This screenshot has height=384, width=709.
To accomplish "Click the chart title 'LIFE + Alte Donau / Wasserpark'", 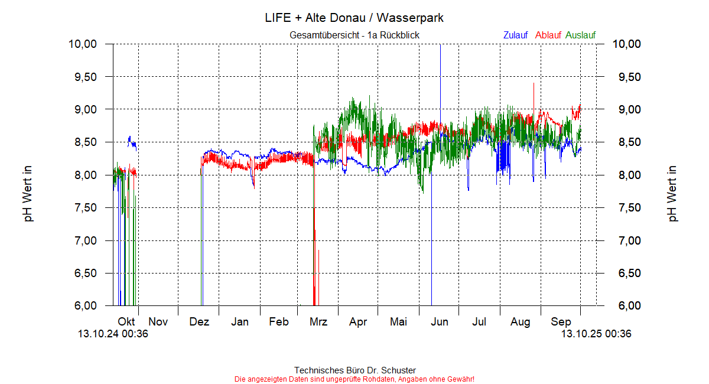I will (x=354, y=18).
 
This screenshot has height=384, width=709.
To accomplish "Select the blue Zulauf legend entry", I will (x=515, y=35).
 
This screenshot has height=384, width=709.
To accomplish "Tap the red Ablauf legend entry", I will (x=548, y=35).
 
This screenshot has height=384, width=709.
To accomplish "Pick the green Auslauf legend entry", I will (x=580, y=35).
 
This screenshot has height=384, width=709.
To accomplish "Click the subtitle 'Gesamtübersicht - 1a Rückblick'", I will (x=354, y=35).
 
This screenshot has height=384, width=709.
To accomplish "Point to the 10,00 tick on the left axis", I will (x=82, y=44).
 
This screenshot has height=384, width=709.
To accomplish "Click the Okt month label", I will (x=126, y=322).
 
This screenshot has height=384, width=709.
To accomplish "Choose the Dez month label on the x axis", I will (x=199, y=322).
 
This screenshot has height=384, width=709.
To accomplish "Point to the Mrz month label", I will (x=318, y=322).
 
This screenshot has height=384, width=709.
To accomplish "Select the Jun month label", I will (x=440, y=322).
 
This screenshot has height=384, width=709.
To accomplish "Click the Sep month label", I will (x=561, y=322).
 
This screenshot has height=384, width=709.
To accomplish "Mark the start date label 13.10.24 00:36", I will (x=113, y=334).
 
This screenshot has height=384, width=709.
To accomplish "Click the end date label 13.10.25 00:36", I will (x=596, y=334).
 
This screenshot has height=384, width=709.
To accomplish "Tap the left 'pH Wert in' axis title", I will (x=28, y=194).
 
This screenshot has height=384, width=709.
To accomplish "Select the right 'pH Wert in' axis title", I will (x=673, y=194).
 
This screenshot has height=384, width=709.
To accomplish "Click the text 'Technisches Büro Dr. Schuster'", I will (x=354, y=370).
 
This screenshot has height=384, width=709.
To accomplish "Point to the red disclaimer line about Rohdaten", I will (x=354, y=379).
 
